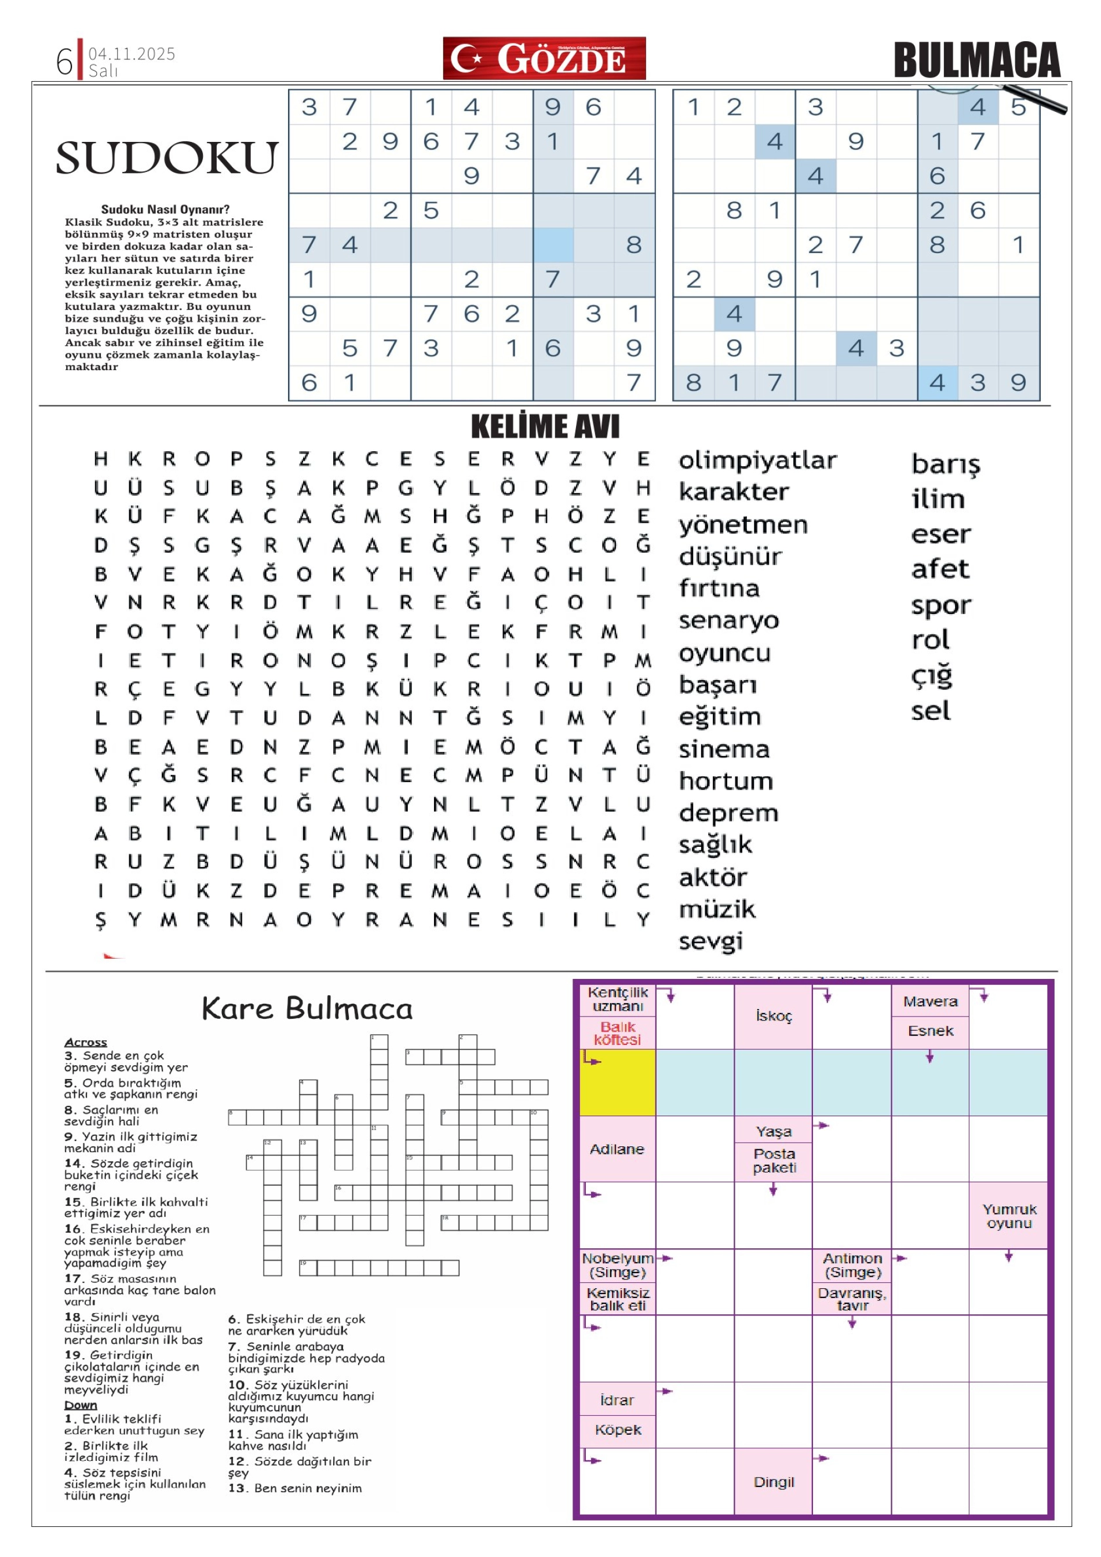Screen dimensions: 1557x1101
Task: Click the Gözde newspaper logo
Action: click(x=544, y=59)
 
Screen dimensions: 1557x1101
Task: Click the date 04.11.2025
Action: click(x=132, y=53)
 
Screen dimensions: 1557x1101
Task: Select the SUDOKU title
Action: click(x=166, y=158)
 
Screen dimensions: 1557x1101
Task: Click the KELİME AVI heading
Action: click(x=545, y=426)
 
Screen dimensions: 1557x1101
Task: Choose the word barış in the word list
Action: click(x=945, y=465)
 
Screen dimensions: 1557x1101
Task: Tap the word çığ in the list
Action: click(x=931, y=676)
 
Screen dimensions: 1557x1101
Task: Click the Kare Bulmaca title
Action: click(x=307, y=1008)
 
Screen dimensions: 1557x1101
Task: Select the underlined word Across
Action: click(x=86, y=1042)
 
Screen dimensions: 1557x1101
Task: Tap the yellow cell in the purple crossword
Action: click(x=617, y=1081)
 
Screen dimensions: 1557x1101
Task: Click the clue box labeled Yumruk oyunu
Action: click(x=1008, y=1216)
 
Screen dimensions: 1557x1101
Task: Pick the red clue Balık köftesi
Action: click(x=617, y=1033)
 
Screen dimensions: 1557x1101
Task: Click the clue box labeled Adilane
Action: click(x=617, y=1149)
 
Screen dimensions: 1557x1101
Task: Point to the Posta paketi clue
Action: click(x=774, y=1160)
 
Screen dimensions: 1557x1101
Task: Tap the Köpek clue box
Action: click(x=617, y=1430)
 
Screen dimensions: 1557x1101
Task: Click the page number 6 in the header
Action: click(x=64, y=61)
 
